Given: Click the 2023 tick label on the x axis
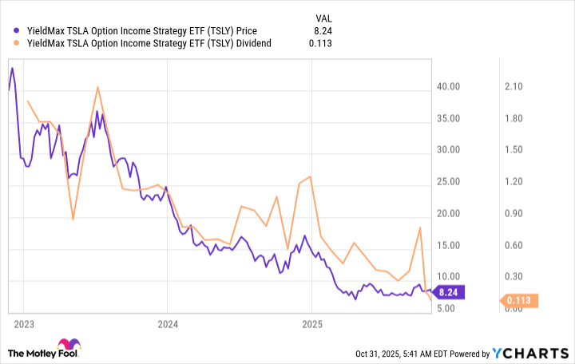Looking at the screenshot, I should [22, 324].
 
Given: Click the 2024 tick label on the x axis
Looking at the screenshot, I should [167, 324].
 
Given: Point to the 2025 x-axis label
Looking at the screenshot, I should [311, 324].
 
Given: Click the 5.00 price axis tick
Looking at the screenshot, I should [450, 308].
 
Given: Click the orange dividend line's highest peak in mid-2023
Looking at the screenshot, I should [97, 86].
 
